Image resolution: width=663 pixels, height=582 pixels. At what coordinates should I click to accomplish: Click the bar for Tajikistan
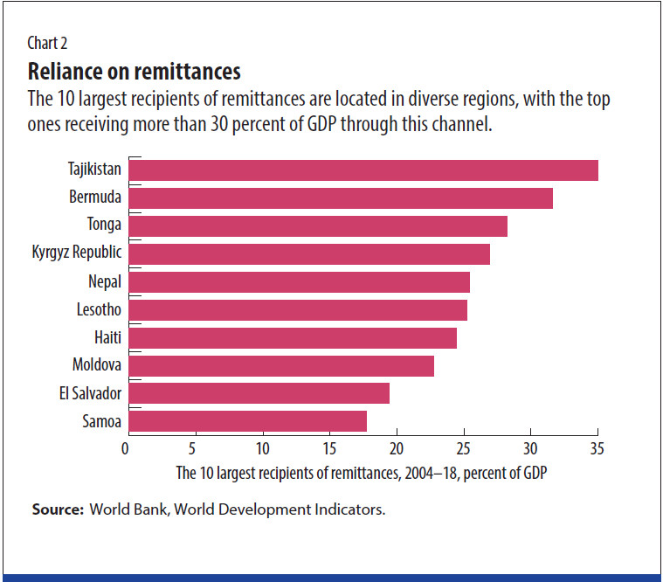pyautogui.click(x=363, y=170)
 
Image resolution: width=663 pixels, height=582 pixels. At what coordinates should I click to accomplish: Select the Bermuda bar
pyautogui.click(x=341, y=197)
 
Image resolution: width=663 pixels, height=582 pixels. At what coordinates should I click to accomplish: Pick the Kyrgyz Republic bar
pyautogui.click(x=309, y=253)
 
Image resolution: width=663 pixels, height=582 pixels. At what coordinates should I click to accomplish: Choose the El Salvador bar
pyautogui.click(x=259, y=393)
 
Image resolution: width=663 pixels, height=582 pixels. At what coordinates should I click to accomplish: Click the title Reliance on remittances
pyautogui.click(x=135, y=70)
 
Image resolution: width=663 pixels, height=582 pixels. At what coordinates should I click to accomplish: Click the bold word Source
pyautogui.click(x=58, y=509)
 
